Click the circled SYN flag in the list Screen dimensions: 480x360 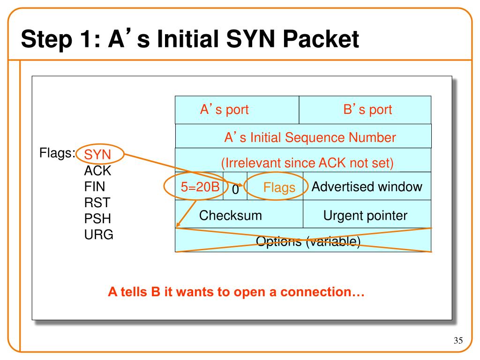[x=97, y=154]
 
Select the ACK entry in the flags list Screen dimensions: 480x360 [x=97, y=171]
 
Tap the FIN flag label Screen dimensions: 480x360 [x=95, y=187]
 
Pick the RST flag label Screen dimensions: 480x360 [x=97, y=202]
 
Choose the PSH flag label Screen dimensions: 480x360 [x=97, y=218]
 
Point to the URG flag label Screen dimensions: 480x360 [x=98, y=234]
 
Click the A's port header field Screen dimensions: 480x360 [x=237, y=110]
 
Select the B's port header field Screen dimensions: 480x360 [x=365, y=110]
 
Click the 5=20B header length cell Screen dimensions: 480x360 [x=199, y=186]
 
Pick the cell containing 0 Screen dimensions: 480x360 [x=235, y=186]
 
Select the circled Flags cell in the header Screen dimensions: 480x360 [x=275, y=186]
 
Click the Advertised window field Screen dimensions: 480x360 [x=367, y=186]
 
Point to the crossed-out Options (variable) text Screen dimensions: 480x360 [x=308, y=241]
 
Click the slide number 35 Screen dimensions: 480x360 [x=458, y=340]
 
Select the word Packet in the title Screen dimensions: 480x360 [x=321, y=39]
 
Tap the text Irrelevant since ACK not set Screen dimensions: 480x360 [x=307, y=163]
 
